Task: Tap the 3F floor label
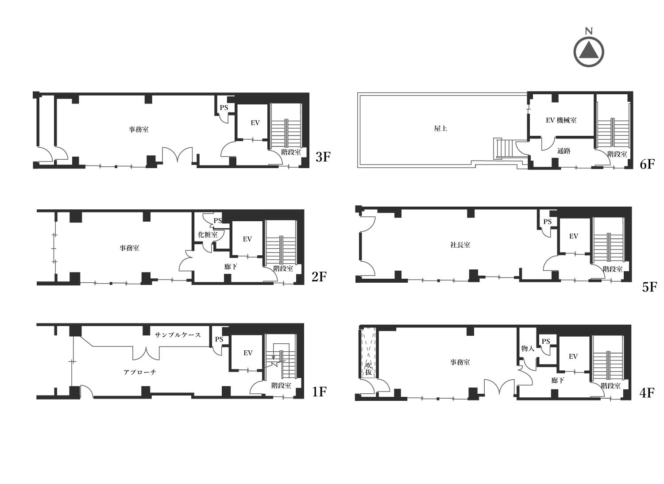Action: click(323, 157)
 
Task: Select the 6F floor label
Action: click(647, 164)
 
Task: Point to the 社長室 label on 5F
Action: click(460, 245)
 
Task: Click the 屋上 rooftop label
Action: click(440, 128)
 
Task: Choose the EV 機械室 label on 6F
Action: click(561, 120)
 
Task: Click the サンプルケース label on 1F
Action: click(178, 335)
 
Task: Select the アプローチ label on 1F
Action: click(139, 373)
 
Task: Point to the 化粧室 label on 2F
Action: click(208, 234)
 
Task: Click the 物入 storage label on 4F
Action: click(528, 348)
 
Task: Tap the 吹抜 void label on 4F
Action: click(368, 369)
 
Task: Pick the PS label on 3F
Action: click(224, 108)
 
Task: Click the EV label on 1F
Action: click(248, 353)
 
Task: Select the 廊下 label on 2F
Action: click(230, 267)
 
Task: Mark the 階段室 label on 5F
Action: click(613, 269)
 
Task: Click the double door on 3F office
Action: click(177, 154)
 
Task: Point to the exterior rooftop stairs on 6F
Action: click(503, 148)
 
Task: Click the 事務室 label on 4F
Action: click(460, 362)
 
